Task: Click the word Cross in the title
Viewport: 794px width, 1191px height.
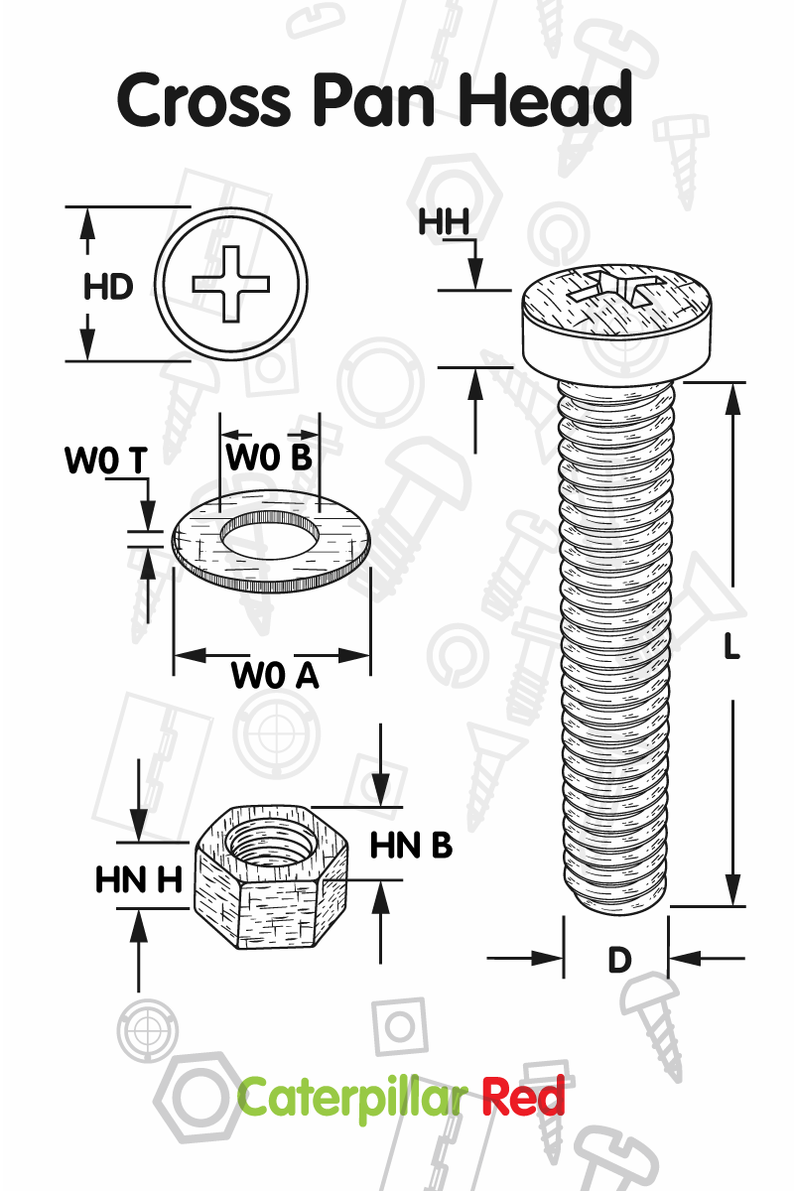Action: pyautogui.click(x=203, y=100)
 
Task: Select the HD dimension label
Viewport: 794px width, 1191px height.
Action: pyautogui.click(x=108, y=287)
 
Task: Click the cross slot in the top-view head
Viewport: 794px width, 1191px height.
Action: pyautogui.click(x=231, y=284)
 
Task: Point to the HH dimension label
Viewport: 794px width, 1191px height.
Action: pyautogui.click(x=445, y=222)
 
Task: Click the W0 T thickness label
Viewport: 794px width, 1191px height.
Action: pyautogui.click(x=106, y=460)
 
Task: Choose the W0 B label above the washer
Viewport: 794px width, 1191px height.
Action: pyautogui.click(x=269, y=457)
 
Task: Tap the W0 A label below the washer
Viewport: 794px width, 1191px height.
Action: pyautogui.click(x=275, y=676)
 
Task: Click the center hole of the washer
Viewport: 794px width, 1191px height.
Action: pyautogui.click(x=271, y=536)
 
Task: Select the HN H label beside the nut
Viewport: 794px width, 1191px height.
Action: pyautogui.click(x=139, y=880)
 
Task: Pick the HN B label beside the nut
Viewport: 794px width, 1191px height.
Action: pyautogui.click(x=411, y=846)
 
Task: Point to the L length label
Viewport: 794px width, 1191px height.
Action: pyautogui.click(x=732, y=647)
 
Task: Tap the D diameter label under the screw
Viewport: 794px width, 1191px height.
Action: pyautogui.click(x=619, y=961)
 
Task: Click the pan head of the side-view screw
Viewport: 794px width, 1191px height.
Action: pyautogui.click(x=616, y=324)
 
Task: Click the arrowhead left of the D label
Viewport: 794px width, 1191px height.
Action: pyautogui.click(x=547, y=959)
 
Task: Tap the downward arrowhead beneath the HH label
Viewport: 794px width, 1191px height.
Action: pyautogui.click(x=475, y=274)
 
